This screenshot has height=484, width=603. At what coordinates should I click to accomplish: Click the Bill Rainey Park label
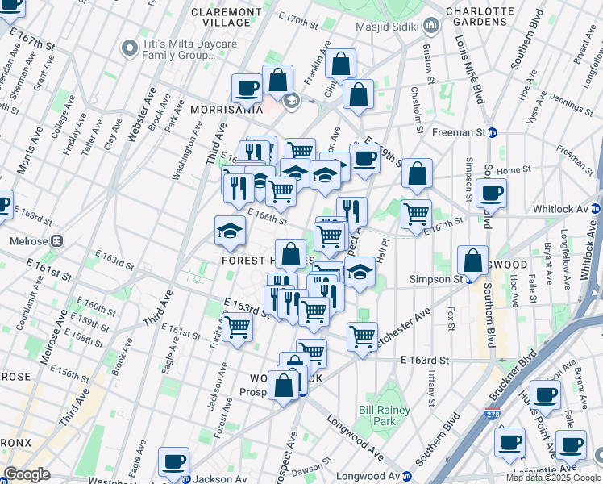[x=377, y=415]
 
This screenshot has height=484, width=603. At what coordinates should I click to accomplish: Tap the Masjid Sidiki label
[x=390, y=27]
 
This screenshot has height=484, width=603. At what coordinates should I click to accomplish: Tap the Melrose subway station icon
[x=57, y=240]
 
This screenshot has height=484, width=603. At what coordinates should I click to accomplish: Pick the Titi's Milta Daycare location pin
[x=129, y=48]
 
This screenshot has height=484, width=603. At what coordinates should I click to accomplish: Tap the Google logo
[x=27, y=474]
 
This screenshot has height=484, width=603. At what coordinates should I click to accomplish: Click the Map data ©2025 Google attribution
[x=552, y=478]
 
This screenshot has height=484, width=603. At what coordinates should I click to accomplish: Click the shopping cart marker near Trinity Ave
[x=237, y=327]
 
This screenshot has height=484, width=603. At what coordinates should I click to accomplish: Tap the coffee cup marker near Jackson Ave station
[x=174, y=461]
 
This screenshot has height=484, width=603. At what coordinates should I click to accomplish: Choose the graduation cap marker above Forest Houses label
[x=231, y=231]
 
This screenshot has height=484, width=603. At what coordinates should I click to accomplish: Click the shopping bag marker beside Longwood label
[x=472, y=261]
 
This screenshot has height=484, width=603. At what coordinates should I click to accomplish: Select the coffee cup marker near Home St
[x=491, y=193]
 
